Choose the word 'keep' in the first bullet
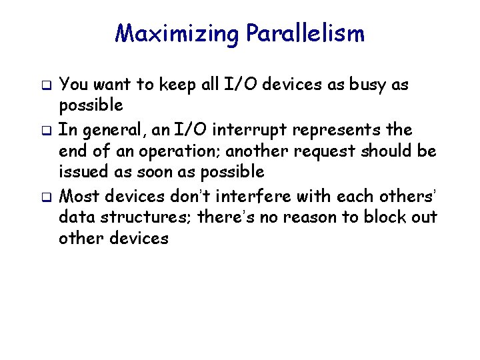(x=178, y=85)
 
